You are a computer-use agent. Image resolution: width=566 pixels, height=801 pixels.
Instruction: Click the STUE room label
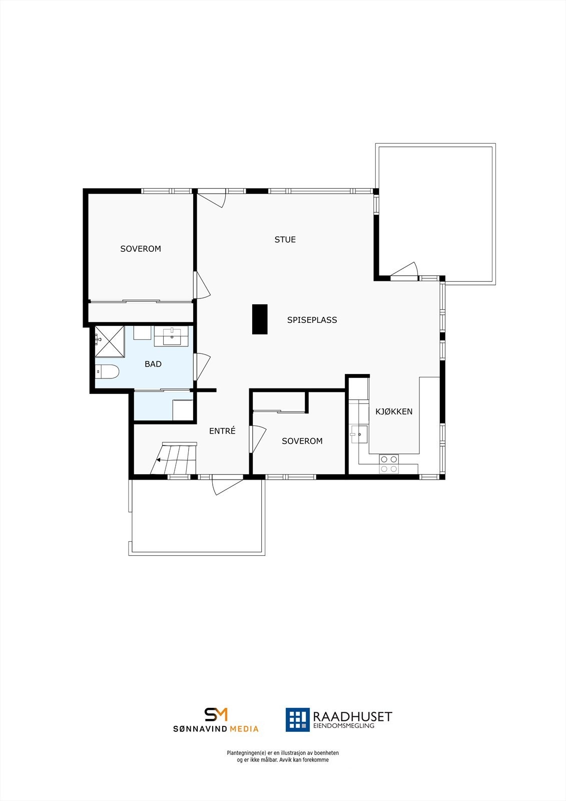pos(285,239)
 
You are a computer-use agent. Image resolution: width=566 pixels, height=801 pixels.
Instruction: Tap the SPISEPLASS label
pos(312,320)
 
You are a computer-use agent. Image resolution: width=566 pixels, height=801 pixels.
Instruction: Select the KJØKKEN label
pos(394,412)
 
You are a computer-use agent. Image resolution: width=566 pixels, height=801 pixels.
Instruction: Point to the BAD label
pos(153,364)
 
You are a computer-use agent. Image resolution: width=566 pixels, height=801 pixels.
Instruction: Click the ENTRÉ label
pos(222,431)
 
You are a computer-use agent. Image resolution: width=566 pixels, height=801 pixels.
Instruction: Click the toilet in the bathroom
pos(107,371)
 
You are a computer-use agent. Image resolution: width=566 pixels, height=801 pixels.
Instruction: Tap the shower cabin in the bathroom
pos(110,341)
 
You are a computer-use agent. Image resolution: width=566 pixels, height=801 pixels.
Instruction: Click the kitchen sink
pos(359,435)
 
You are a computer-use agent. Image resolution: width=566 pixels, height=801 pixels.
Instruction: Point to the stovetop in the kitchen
pos(389,464)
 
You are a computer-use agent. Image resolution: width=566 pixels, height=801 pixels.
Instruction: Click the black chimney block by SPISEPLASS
pos(260,319)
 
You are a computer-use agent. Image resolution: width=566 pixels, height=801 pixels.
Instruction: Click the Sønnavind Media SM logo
pos(216,714)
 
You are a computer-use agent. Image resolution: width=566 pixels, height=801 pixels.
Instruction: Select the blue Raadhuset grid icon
pos(298,719)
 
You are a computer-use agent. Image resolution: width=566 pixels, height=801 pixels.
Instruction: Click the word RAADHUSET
pos(352,716)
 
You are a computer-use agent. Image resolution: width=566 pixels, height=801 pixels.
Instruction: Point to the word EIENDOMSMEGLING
pos(343,726)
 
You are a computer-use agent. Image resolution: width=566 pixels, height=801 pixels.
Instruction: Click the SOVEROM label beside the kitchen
pos(302,441)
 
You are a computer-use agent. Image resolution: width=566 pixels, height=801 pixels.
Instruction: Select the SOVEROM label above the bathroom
pos(141,249)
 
